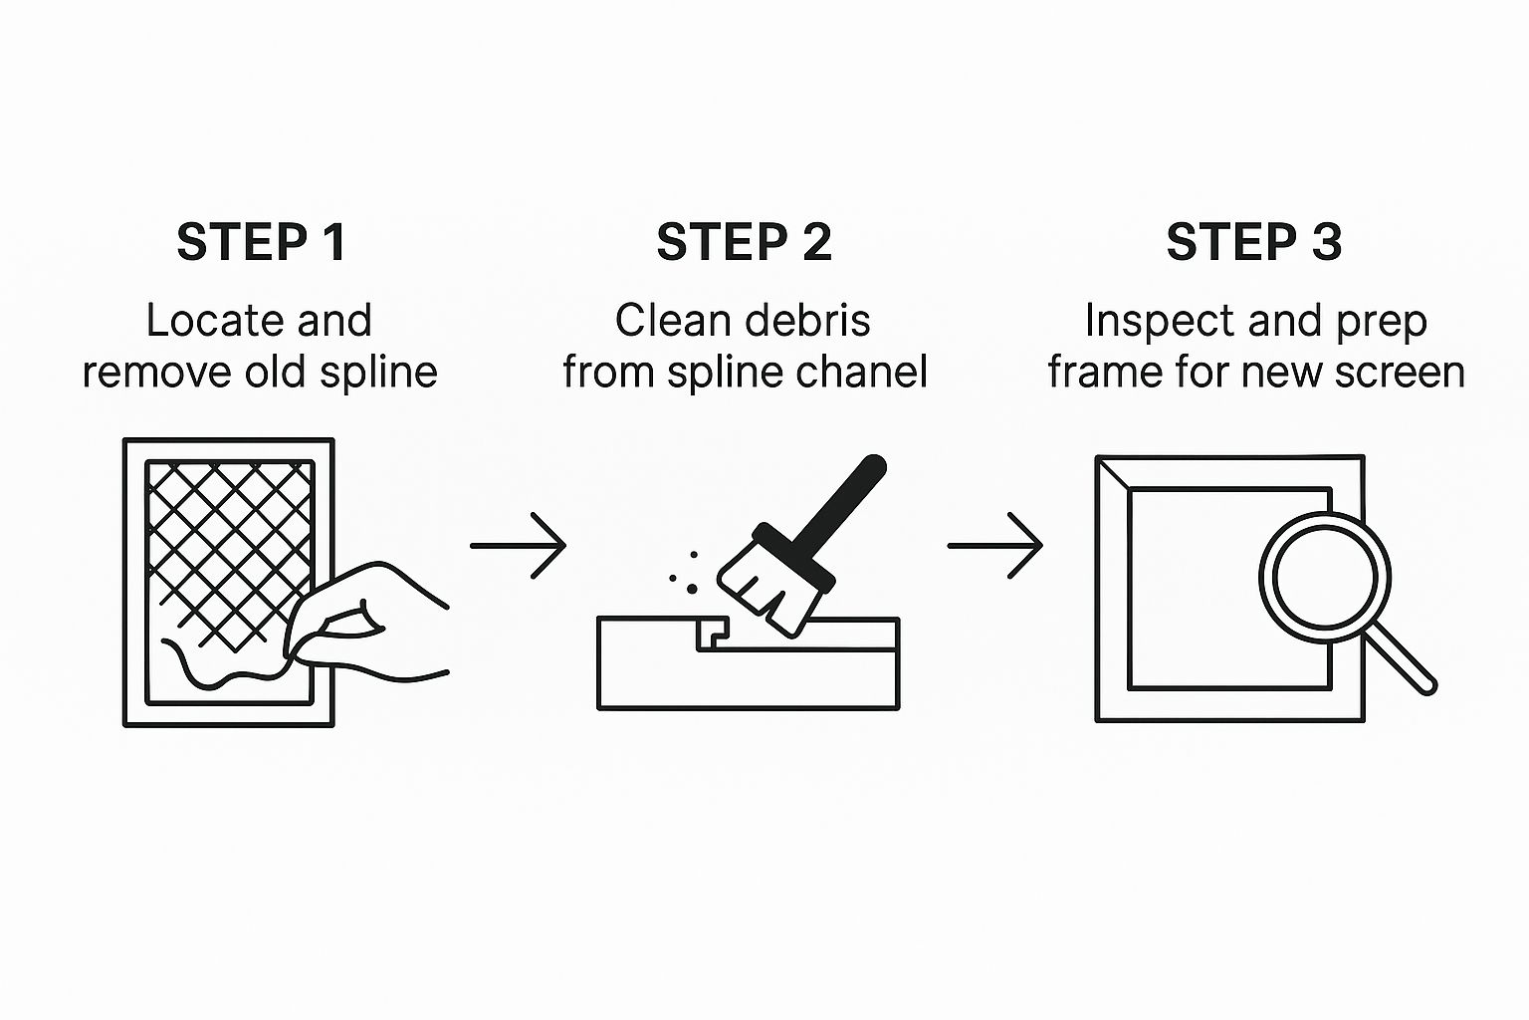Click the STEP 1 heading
point(262,242)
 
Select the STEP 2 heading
point(744,242)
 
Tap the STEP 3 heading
point(1253,242)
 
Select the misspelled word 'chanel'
point(866,373)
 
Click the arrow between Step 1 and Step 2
point(518,545)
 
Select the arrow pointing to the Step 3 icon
point(994,545)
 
